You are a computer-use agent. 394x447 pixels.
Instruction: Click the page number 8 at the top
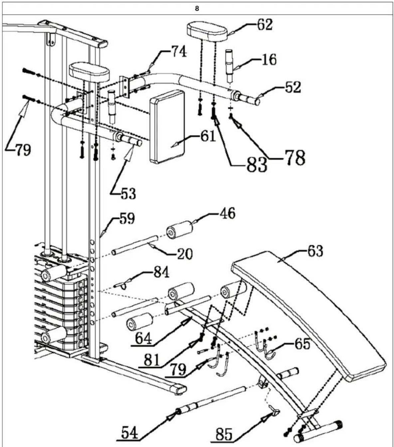point(197,9)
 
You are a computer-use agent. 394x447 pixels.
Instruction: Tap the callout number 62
point(264,25)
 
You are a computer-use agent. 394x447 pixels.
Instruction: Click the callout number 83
point(257,164)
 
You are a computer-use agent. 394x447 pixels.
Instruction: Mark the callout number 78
point(295,158)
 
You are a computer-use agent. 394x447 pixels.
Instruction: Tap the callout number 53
point(127,194)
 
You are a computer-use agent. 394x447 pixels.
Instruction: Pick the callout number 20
point(184,254)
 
